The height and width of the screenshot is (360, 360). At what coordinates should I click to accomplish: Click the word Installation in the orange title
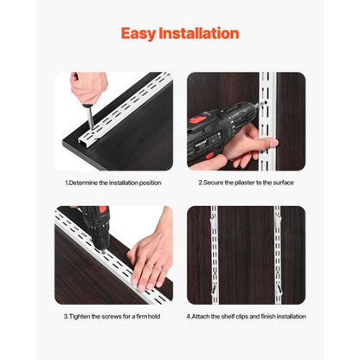201,34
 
